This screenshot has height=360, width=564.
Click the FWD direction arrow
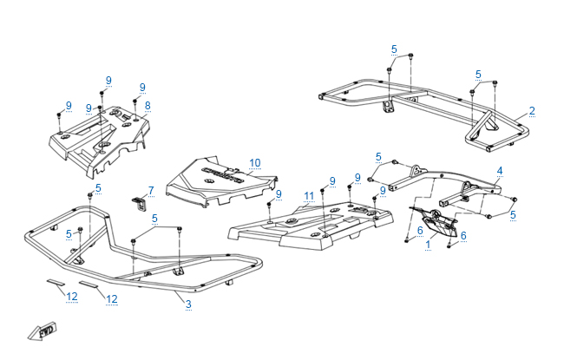pos(42,331)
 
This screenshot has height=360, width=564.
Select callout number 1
pos(428,245)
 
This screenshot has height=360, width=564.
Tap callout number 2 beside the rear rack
pos(531,111)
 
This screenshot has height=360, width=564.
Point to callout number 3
pos(187,304)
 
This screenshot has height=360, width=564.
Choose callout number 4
pos(500,170)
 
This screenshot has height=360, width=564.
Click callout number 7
pos(150,190)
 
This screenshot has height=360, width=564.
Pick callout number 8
pos(148,105)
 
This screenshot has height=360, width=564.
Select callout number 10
pos(254,162)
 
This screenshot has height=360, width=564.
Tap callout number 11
pos(308,198)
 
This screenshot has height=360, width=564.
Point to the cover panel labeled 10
pos(221,182)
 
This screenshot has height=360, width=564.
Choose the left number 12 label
pos(72,298)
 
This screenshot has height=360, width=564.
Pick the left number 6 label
pos(420,230)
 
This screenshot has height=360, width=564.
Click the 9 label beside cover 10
pos(279,193)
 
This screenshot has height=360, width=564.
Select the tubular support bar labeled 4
pos(434,182)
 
